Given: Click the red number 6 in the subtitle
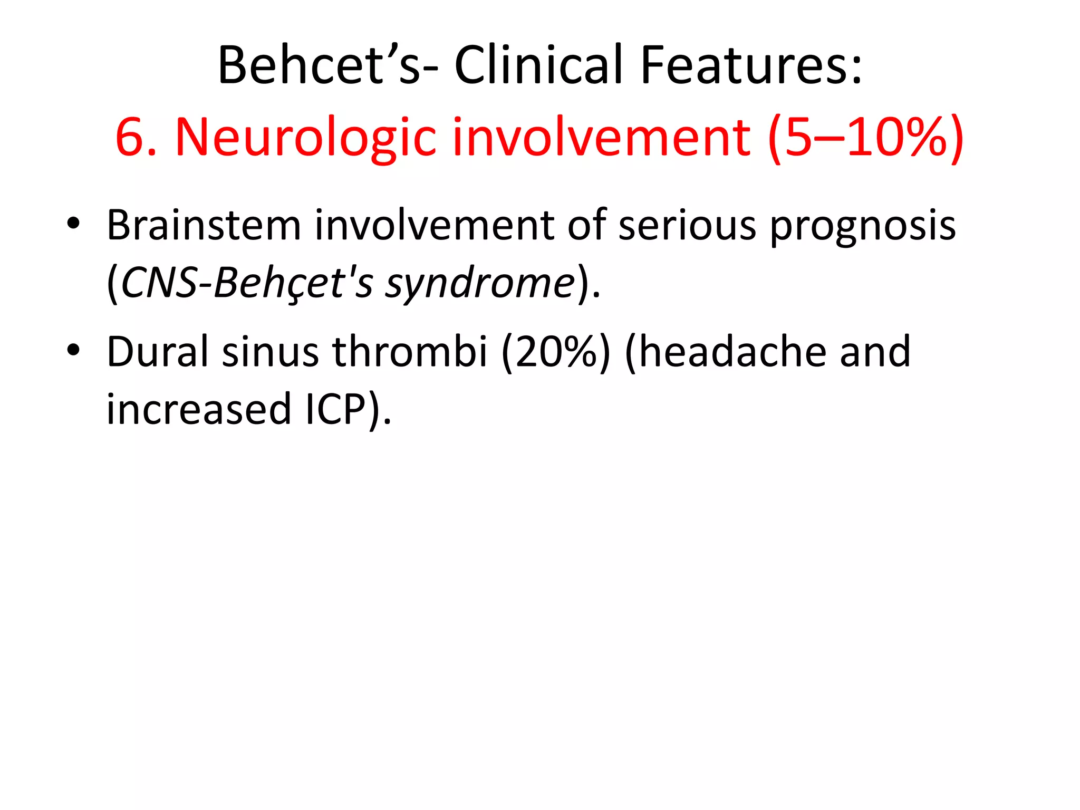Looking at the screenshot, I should (130, 137).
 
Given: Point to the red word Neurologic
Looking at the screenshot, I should (306, 137).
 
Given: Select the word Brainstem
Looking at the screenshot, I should (204, 226).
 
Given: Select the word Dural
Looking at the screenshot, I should (158, 352).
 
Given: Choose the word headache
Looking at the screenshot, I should (726, 352).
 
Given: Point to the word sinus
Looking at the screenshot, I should (270, 352).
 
